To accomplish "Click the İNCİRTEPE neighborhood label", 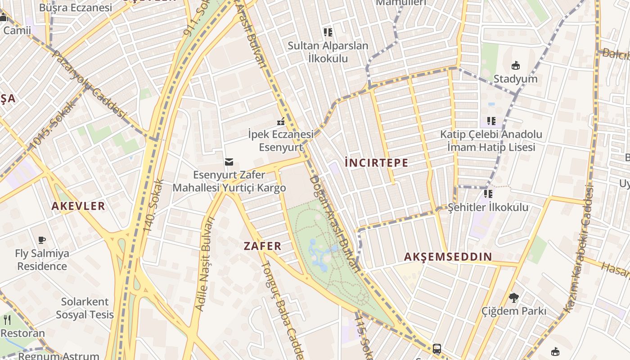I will point(376,163).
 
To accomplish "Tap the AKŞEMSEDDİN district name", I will point(448,257).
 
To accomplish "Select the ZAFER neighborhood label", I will point(262,246).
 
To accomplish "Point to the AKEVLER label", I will point(78,206).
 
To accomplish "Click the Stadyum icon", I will point(516,66).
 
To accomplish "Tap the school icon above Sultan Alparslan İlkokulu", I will point(328,32).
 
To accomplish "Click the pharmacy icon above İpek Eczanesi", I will point(281,121).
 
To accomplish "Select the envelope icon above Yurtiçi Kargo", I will point(229,162).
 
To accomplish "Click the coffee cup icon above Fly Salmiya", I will point(42,240).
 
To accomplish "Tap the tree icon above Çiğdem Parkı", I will point(513,297).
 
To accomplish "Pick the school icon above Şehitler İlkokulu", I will point(488,194).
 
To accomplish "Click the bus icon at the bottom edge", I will point(436,349).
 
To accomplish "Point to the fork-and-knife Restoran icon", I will point(7,320).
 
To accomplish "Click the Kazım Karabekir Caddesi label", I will point(581,250).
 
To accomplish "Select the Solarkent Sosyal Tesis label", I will point(85,308).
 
